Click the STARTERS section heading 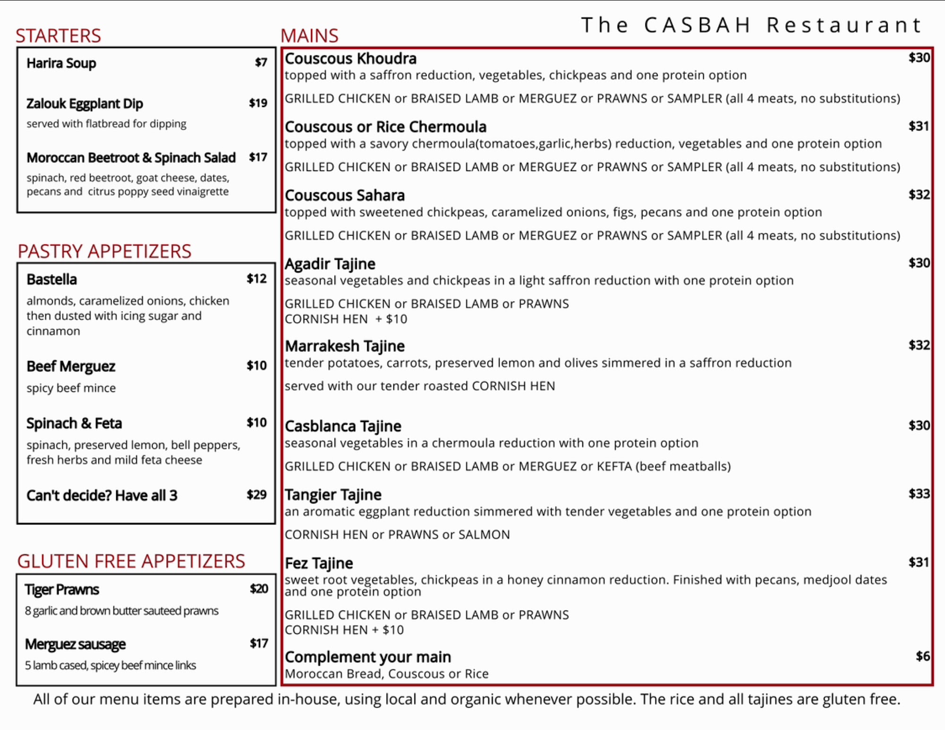[58, 36]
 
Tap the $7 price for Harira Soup [261, 62]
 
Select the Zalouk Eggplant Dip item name [85, 103]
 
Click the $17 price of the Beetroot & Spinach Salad [258, 157]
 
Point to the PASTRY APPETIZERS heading [104, 251]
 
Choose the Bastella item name [52, 279]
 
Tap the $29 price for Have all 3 [257, 495]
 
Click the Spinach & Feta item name [74, 423]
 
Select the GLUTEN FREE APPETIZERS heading [131, 561]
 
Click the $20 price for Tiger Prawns [259, 589]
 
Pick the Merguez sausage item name [75, 644]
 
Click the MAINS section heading [309, 36]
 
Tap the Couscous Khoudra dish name [351, 59]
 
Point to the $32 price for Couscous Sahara [919, 195]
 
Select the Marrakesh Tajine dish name [345, 346]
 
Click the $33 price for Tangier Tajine [919, 494]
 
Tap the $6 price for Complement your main [922, 656]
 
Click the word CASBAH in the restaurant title [697, 25]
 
